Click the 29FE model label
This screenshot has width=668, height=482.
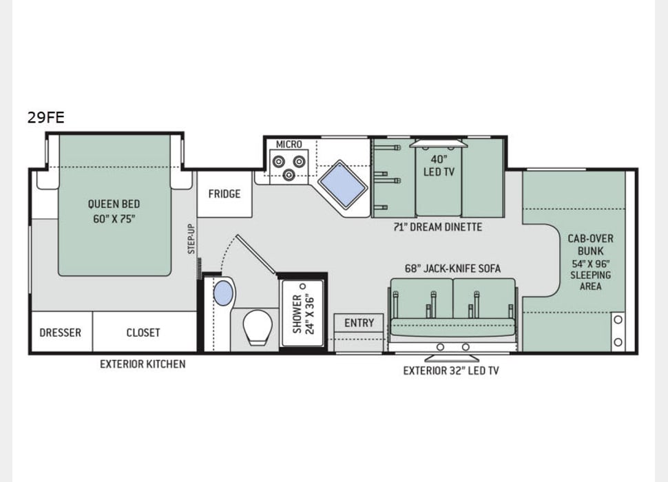(46, 117)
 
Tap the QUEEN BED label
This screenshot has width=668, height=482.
(114, 211)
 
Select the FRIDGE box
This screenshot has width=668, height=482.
(225, 194)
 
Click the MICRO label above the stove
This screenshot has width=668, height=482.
(289, 144)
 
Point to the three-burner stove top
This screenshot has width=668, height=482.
(289, 166)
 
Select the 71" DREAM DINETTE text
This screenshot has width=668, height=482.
(438, 227)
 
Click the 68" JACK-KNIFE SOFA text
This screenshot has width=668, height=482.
(452, 268)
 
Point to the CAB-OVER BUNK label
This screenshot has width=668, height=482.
(590, 262)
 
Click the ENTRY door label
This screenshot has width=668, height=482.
(359, 322)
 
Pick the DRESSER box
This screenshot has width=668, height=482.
(61, 333)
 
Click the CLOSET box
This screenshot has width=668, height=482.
(143, 333)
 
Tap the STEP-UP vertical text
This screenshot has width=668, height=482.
(192, 239)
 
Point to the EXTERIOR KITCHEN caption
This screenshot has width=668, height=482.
(143, 364)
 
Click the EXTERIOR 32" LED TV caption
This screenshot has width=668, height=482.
(451, 370)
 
